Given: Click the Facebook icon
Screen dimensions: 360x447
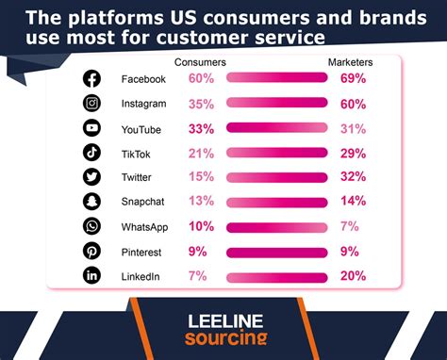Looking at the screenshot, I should coord(91,78).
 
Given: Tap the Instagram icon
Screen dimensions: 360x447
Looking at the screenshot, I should coord(91,103).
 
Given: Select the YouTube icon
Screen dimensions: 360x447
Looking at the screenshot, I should coord(91,127).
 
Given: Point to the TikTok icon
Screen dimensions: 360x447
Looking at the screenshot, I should coord(91,152).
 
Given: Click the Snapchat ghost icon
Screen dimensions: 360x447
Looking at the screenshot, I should coord(91,201).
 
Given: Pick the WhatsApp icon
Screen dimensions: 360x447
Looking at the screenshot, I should coord(91,225).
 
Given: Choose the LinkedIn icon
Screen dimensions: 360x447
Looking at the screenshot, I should coord(91,274).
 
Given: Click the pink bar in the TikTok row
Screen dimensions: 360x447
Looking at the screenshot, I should coord(276,152).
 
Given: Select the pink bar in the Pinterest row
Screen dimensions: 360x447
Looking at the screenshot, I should coord(276,250).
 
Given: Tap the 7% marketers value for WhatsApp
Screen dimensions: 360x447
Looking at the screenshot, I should coord(350,225).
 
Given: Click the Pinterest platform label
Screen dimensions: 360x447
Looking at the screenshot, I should coord(142,250).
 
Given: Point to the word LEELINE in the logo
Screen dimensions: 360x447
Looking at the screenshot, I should coord(223,320).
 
